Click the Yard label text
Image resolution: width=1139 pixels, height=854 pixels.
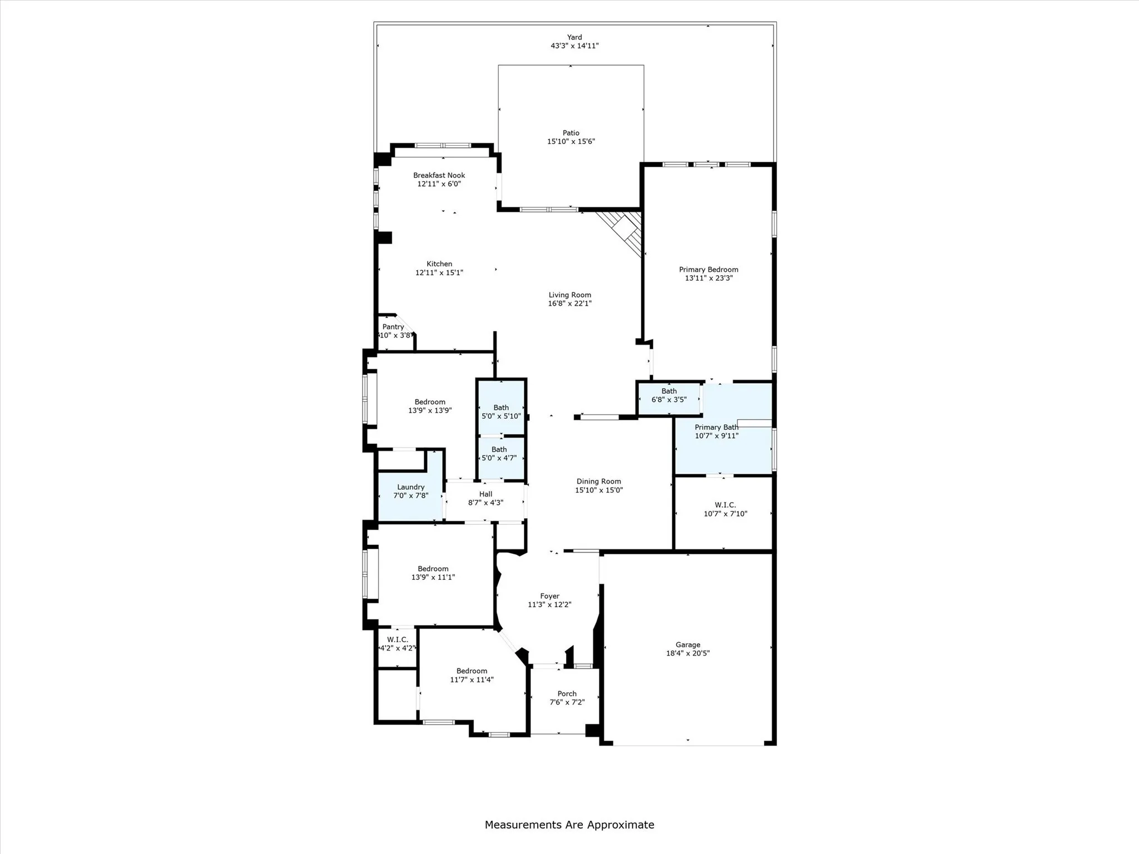pos(575,37)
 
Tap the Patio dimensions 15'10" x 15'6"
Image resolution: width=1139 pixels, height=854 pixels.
pos(571,142)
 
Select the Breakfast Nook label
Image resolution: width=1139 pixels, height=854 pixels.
pos(439,175)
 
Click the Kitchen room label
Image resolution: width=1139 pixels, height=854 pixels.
pos(439,264)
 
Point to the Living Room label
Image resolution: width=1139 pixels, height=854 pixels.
pos(569,295)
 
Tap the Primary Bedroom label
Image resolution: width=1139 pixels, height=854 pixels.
pos(708,270)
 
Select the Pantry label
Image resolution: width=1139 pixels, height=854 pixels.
pos(393,327)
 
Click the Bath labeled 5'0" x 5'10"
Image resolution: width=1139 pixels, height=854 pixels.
pos(501,412)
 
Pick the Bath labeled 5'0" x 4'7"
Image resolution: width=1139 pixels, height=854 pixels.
pos(499,454)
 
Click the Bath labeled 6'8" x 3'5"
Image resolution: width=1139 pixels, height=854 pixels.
pos(668,395)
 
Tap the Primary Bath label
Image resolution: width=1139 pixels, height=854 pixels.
pos(716,428)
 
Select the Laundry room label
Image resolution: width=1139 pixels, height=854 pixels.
pos(410,487)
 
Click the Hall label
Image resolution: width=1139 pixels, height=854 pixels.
pos(486,494)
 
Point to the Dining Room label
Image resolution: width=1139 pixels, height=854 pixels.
pos(598,481)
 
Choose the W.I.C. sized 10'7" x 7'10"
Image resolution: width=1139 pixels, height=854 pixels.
pos(725,509)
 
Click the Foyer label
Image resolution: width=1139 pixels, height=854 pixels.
pos(549,596)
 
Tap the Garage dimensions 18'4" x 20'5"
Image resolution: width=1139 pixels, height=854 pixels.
pos(687,653)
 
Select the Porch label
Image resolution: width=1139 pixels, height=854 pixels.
pos(567,694)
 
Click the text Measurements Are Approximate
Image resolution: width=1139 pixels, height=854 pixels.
pos(569,825)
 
